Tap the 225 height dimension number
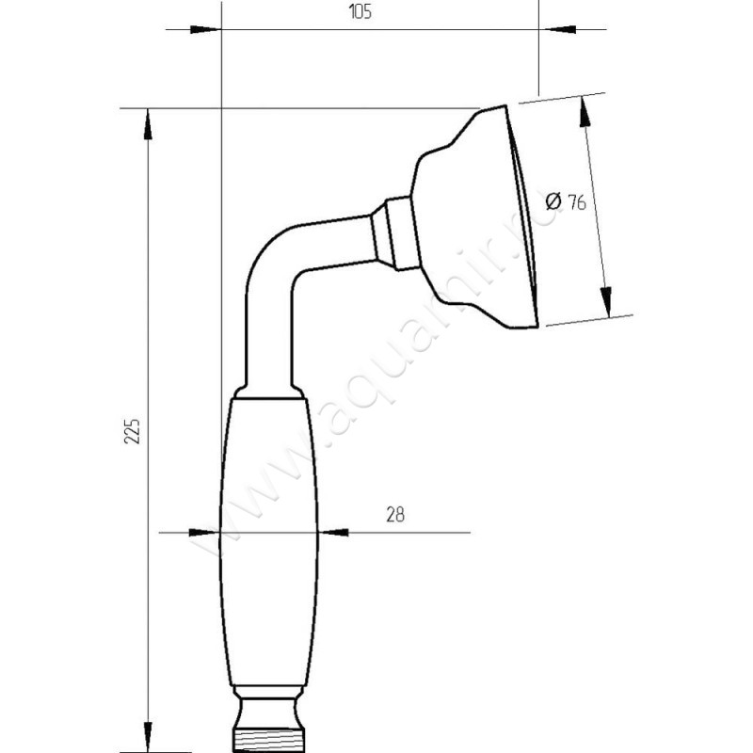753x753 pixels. pos(133,432)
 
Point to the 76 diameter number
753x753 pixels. pos(577,203)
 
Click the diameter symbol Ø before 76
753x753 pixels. pos(554,200)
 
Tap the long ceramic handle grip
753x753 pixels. pos(269,541)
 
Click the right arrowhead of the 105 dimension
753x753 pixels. pos(559,29)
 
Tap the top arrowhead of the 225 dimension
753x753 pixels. pos(147,124)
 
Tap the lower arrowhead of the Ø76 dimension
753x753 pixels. pos(607,302)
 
